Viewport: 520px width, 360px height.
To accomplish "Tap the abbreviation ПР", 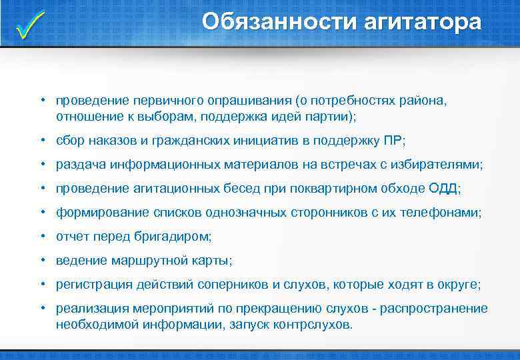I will [393, 141].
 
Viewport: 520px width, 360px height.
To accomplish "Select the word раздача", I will [78, 165].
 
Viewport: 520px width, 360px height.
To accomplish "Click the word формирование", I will [96, 213].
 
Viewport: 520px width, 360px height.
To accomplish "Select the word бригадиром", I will [180, 237].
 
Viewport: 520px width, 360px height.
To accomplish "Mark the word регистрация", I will [91, 285].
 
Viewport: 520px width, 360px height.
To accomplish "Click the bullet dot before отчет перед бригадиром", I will [41, 237].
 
